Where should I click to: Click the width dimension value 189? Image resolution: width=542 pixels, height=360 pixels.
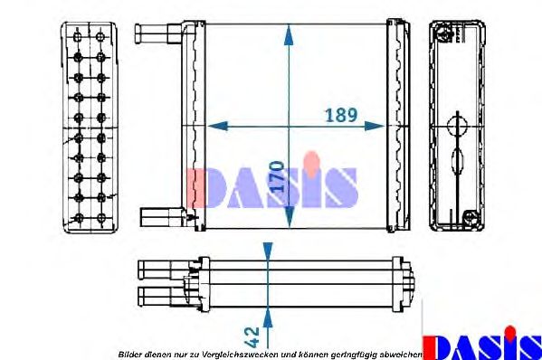click(341, 115)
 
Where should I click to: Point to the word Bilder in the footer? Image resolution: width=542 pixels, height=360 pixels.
click(130, 354)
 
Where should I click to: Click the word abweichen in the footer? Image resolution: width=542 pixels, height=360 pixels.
click(400, 354)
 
